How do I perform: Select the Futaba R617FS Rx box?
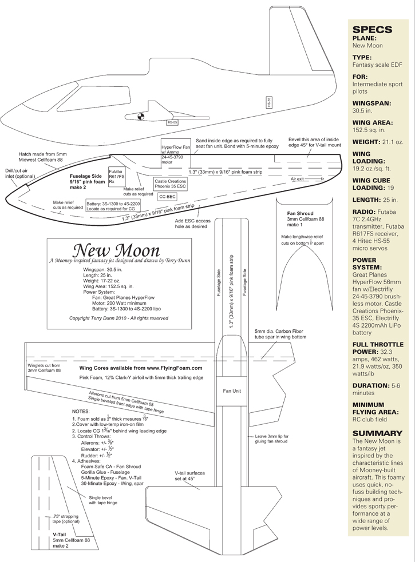click(x=116, y=177)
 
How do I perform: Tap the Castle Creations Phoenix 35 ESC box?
click(x=171, y=184)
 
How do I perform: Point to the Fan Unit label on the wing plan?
click(x=232, y=390)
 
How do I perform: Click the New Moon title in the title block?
click(x=116, y=250)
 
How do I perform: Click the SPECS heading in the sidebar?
click(x=372, y=29)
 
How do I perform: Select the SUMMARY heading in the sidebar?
click(x=377, y=433)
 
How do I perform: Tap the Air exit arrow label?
click(x=307, y=178)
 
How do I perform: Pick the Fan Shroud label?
click(x=300, y=213)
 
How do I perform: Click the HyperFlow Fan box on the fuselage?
click(x=176, y=152)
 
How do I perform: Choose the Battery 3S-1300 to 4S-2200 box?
click(x=113, y=205)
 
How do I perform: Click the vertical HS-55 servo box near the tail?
click(x=268, y=102)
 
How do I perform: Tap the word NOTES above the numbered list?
click(x=81, y=411)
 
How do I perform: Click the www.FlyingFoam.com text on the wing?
click(x=175, y=368)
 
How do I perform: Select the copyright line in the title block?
click(x=118, y=318)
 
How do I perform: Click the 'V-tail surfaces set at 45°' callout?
click(x=190, y=476)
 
